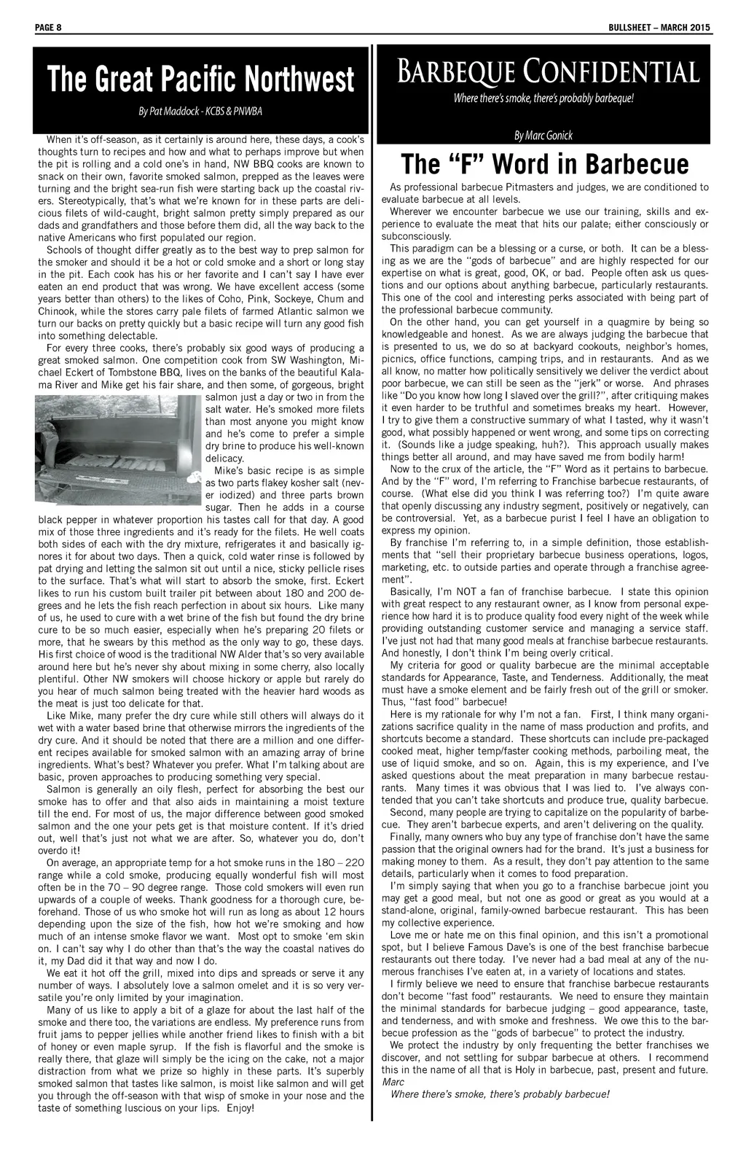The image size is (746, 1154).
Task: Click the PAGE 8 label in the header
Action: [x=48, y=28]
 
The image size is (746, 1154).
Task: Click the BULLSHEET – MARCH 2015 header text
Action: [x=660, y=28]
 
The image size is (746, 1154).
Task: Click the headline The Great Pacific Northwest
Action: [x=200, y=79]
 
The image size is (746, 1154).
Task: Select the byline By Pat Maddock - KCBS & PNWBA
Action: [x=200, y=112]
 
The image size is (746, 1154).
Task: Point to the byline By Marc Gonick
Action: [x=543, y=135]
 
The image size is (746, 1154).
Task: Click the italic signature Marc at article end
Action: [x=393, y=1082]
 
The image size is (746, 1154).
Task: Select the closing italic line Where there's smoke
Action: [x=499, y=1093]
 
